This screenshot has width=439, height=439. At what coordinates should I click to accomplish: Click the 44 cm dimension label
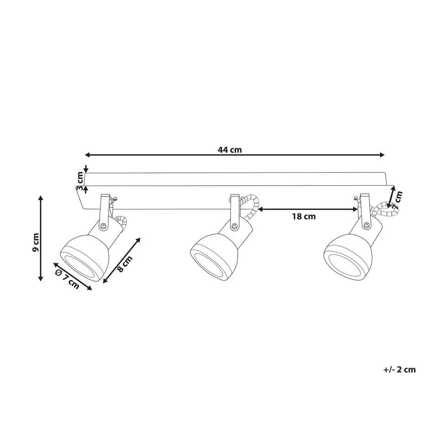[230, 150]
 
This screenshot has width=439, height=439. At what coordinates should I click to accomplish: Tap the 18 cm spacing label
[304, 217]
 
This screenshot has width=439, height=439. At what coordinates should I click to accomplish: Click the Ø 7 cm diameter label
[67, 279]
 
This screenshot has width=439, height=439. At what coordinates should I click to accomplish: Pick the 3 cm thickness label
[80, 181]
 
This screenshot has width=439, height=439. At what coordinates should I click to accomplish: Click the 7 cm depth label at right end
[398, 198]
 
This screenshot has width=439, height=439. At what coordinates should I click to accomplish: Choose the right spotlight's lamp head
[346, 256]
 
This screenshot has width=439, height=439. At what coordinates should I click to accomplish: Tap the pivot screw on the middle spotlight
[235, 225]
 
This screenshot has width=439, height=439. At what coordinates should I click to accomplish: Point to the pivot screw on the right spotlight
[366, 225]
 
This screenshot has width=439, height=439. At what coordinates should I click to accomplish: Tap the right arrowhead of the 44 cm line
[382, 155]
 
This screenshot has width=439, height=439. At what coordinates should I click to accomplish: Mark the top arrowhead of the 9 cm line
[41, 198]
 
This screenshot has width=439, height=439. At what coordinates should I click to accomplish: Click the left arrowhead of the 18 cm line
[261, 209]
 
